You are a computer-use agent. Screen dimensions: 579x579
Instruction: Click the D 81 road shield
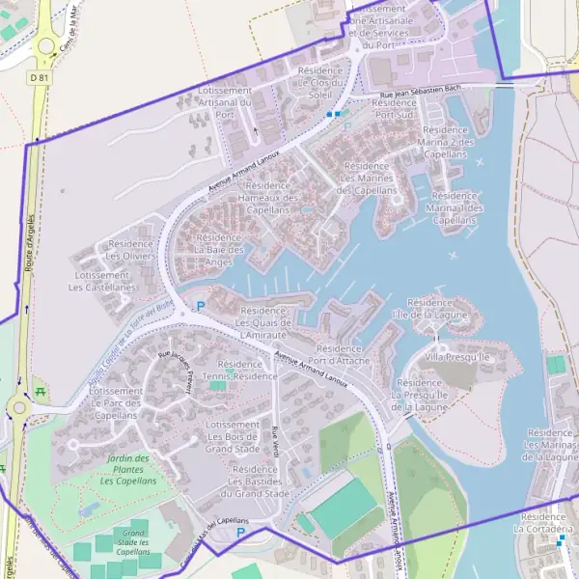[x=39, y=75]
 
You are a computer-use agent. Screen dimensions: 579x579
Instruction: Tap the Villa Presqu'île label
[x=458, y=357]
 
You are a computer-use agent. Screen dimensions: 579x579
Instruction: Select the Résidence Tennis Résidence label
[x=241, y=371]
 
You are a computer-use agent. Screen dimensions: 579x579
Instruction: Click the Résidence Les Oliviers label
[x=130, y=250]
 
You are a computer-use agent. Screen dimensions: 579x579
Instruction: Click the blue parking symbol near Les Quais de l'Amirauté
[x=201, y=307]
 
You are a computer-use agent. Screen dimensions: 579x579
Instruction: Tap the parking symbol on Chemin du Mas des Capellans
[x=241, y=532]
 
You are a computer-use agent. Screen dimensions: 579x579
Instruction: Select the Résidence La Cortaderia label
[x=546, y=523]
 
